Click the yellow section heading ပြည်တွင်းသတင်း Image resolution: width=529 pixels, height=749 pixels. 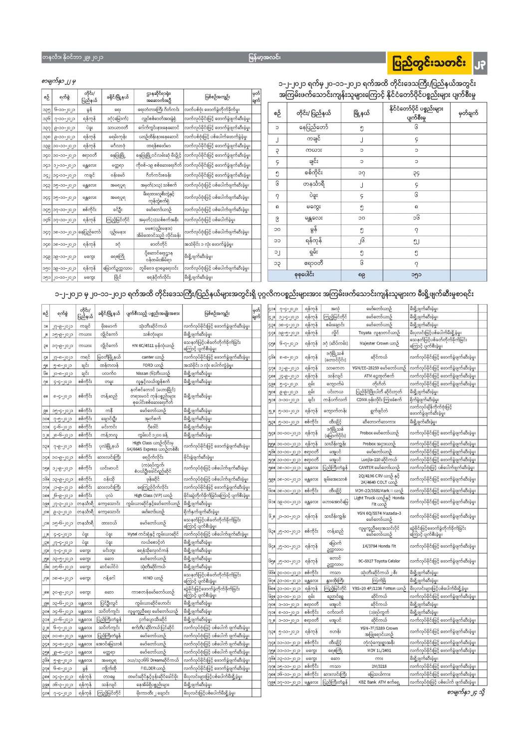[x=430, y=63]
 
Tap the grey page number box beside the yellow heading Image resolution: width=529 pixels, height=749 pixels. [x=479, y=64]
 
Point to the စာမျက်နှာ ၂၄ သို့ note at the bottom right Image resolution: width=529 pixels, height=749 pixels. [x=466, y=692]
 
